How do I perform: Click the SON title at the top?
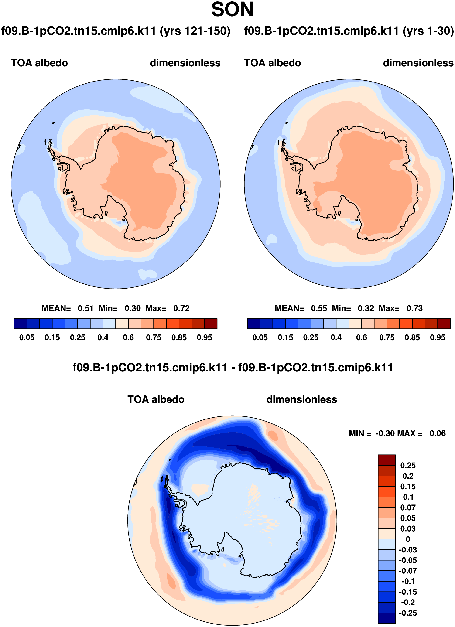pos(232,10)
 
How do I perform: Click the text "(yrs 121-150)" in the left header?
pos(195,31)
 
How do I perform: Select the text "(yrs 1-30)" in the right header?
pos(428,31)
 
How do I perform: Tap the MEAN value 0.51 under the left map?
pos(86,308)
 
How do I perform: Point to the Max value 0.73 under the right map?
pos(414,308)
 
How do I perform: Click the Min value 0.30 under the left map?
pos(133,308)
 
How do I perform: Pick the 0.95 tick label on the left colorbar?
pos(204,337)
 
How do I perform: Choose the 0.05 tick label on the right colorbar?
pos(260,337)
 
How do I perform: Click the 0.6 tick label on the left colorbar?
pos(128,337)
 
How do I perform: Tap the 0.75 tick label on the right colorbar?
pos(387,337)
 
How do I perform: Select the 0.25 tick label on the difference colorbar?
pos(408,466)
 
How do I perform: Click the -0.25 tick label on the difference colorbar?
pos(407,613)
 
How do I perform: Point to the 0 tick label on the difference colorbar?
pos(408,539)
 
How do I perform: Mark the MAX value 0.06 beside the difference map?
pos(438,433)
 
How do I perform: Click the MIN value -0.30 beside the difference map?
pos(385,433)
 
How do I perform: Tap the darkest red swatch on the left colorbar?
pos(211,324)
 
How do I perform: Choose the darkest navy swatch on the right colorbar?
pos(254,324)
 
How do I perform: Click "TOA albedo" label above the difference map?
pos(156,400)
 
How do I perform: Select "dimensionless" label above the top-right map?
pos(418,63)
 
